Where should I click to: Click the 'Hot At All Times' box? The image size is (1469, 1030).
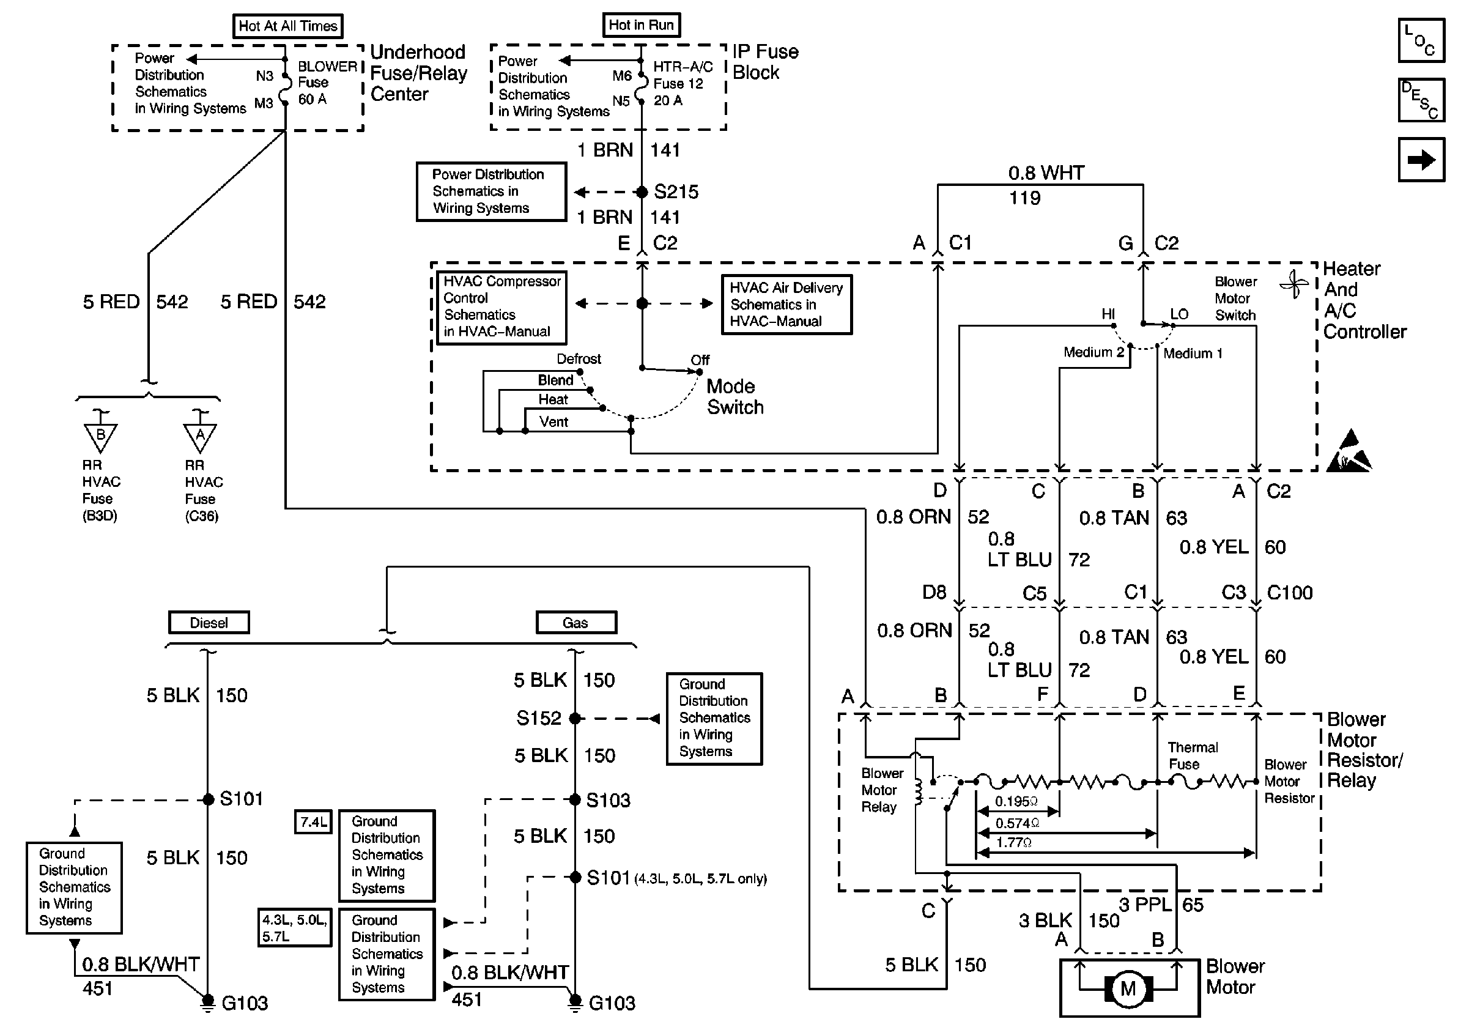pos(287,26)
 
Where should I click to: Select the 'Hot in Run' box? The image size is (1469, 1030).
pos(641,25)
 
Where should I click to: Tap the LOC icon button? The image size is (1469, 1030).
pos(1421,40)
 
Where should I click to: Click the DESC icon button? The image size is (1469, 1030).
pos(1421,100)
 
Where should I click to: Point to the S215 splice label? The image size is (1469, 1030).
pos(676,191)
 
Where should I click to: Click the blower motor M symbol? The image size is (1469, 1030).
pos(1128,988)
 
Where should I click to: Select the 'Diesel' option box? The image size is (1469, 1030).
pos(209,623)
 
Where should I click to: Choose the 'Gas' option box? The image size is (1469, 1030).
pos(576,623)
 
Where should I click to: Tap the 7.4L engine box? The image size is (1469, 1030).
pos(313,821)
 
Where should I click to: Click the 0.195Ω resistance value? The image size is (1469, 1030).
pos(1016,802)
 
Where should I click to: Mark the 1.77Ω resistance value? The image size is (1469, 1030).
pos(1013,843)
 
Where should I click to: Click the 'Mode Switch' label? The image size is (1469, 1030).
pos(734,396)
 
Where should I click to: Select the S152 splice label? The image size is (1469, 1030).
pos(539,719)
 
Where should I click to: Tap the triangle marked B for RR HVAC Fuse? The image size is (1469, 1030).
pos(100,436)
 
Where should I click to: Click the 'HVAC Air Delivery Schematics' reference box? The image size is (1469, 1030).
pos(786,305)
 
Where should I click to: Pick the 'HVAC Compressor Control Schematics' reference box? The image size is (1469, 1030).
pos(501,306)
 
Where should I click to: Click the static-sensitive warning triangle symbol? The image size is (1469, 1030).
pos(1349,452)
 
